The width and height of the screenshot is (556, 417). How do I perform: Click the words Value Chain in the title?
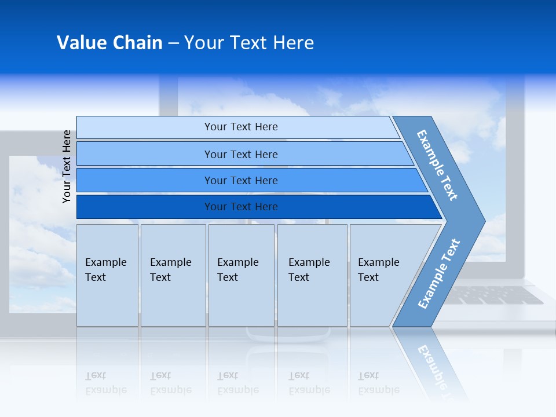(109, 43)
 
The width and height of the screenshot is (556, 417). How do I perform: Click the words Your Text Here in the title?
(249, 43)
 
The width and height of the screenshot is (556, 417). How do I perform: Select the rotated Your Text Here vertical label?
(67, 166)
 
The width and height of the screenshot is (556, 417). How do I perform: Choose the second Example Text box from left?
(173, 275)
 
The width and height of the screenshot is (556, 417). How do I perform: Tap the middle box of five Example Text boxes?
(241, 275)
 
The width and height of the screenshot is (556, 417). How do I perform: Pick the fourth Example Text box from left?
(312, 275)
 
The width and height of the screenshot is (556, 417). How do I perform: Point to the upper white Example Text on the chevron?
(437, 165)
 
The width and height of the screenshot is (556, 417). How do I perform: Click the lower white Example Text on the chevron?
(439, 274)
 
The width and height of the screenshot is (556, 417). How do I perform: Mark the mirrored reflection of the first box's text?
(105, 383)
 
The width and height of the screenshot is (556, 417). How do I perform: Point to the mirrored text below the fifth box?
(378, 383)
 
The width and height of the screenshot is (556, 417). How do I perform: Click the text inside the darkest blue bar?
(241, 207)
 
